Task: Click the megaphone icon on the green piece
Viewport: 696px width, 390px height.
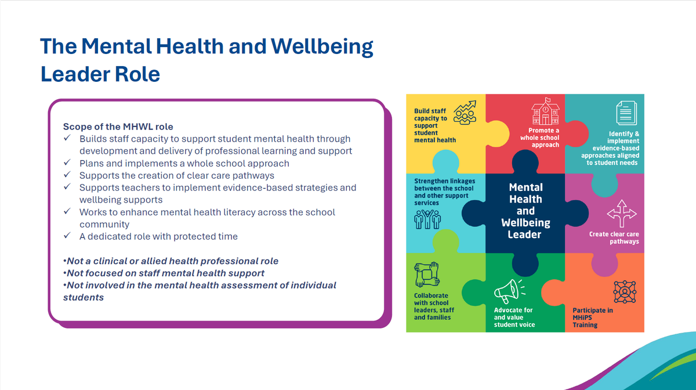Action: click(x=509, y=291)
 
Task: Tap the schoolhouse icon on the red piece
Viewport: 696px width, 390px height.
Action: click(x=545, y=111)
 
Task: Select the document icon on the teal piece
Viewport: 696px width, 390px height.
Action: click(x=626, y=113)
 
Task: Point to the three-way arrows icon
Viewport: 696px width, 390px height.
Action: click(x=622, y=214)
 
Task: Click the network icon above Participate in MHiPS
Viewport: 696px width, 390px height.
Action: click(x=625, y=292)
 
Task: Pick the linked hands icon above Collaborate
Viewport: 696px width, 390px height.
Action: click(x=427, y=275)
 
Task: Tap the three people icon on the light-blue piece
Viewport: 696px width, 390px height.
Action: click(x=427, y=219)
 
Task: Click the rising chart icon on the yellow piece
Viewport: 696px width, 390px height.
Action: click(x=465, y=113)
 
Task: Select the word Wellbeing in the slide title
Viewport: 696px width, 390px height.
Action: click(x=322, y=46)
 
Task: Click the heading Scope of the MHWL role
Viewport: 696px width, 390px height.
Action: click(x=118, y=127)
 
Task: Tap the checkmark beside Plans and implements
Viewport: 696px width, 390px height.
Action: click(x=67, y=162)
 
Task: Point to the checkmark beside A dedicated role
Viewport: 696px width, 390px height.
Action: click(x=67, y=236)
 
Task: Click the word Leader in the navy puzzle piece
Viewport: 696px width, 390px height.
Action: click(x=524, y=234)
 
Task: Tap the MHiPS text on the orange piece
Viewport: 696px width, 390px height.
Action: click(x=582, y=317)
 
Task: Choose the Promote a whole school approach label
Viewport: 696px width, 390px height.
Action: click(x=540, y=138)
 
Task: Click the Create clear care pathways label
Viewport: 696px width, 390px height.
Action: click(x=614, y=237)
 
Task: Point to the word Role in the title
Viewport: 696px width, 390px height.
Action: click(x=137, y=74)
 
